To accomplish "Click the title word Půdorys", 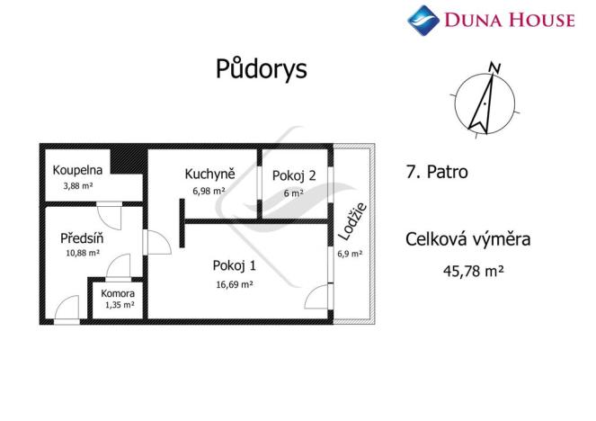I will point(261,69).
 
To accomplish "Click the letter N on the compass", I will point(492,67).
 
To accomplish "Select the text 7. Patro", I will point(437,172).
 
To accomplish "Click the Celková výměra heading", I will point(468,239).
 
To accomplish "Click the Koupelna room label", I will point(77,170).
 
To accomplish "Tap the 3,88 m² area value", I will point(77,186).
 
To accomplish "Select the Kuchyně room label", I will point(210,175).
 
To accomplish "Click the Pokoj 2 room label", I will point(295,175).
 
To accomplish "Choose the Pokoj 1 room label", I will point(235,265).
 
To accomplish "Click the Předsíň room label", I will point(80,238).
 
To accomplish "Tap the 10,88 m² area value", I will point(80,254).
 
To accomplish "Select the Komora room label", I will point(118,293).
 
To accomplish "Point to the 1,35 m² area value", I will point(118,306).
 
